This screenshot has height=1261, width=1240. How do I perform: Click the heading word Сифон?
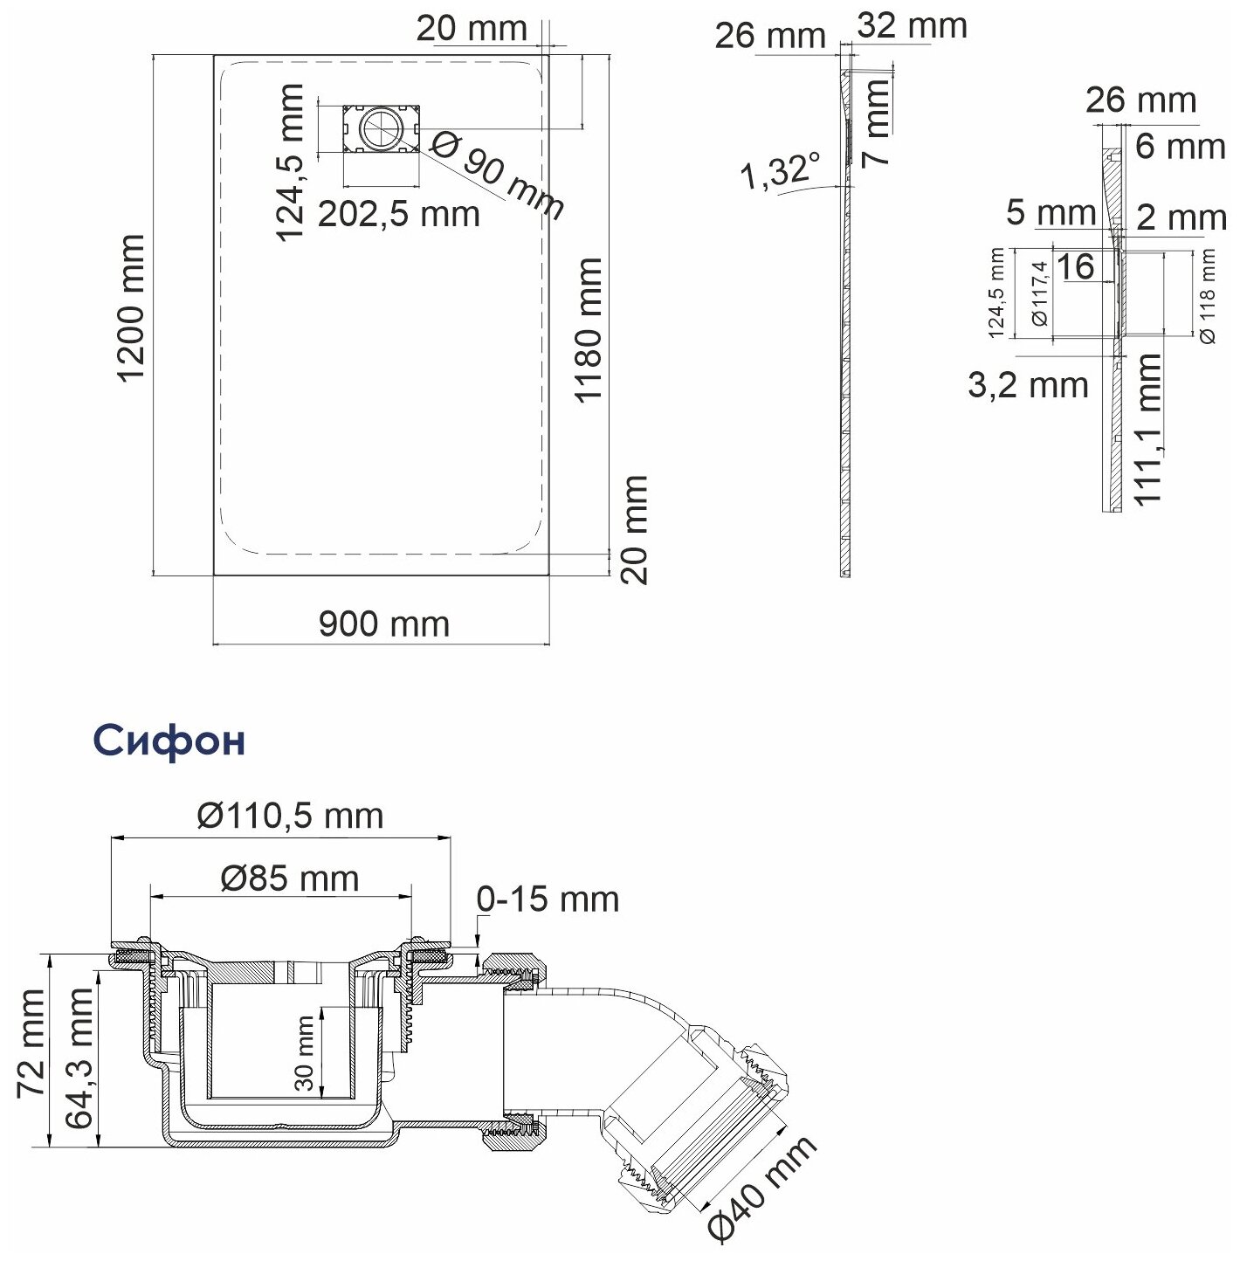169,741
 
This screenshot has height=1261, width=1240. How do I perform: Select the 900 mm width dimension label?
383,624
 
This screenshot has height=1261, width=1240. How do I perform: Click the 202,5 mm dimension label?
398,213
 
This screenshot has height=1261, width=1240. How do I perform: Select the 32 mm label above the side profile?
912,26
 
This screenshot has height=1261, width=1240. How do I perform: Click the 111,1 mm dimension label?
1151,428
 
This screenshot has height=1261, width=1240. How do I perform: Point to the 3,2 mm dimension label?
1028,385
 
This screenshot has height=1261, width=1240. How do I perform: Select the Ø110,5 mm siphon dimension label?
290,816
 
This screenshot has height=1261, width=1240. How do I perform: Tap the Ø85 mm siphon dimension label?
289,878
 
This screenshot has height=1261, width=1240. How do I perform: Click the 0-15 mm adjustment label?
548,899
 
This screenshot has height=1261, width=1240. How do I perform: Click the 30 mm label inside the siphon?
305,1053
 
